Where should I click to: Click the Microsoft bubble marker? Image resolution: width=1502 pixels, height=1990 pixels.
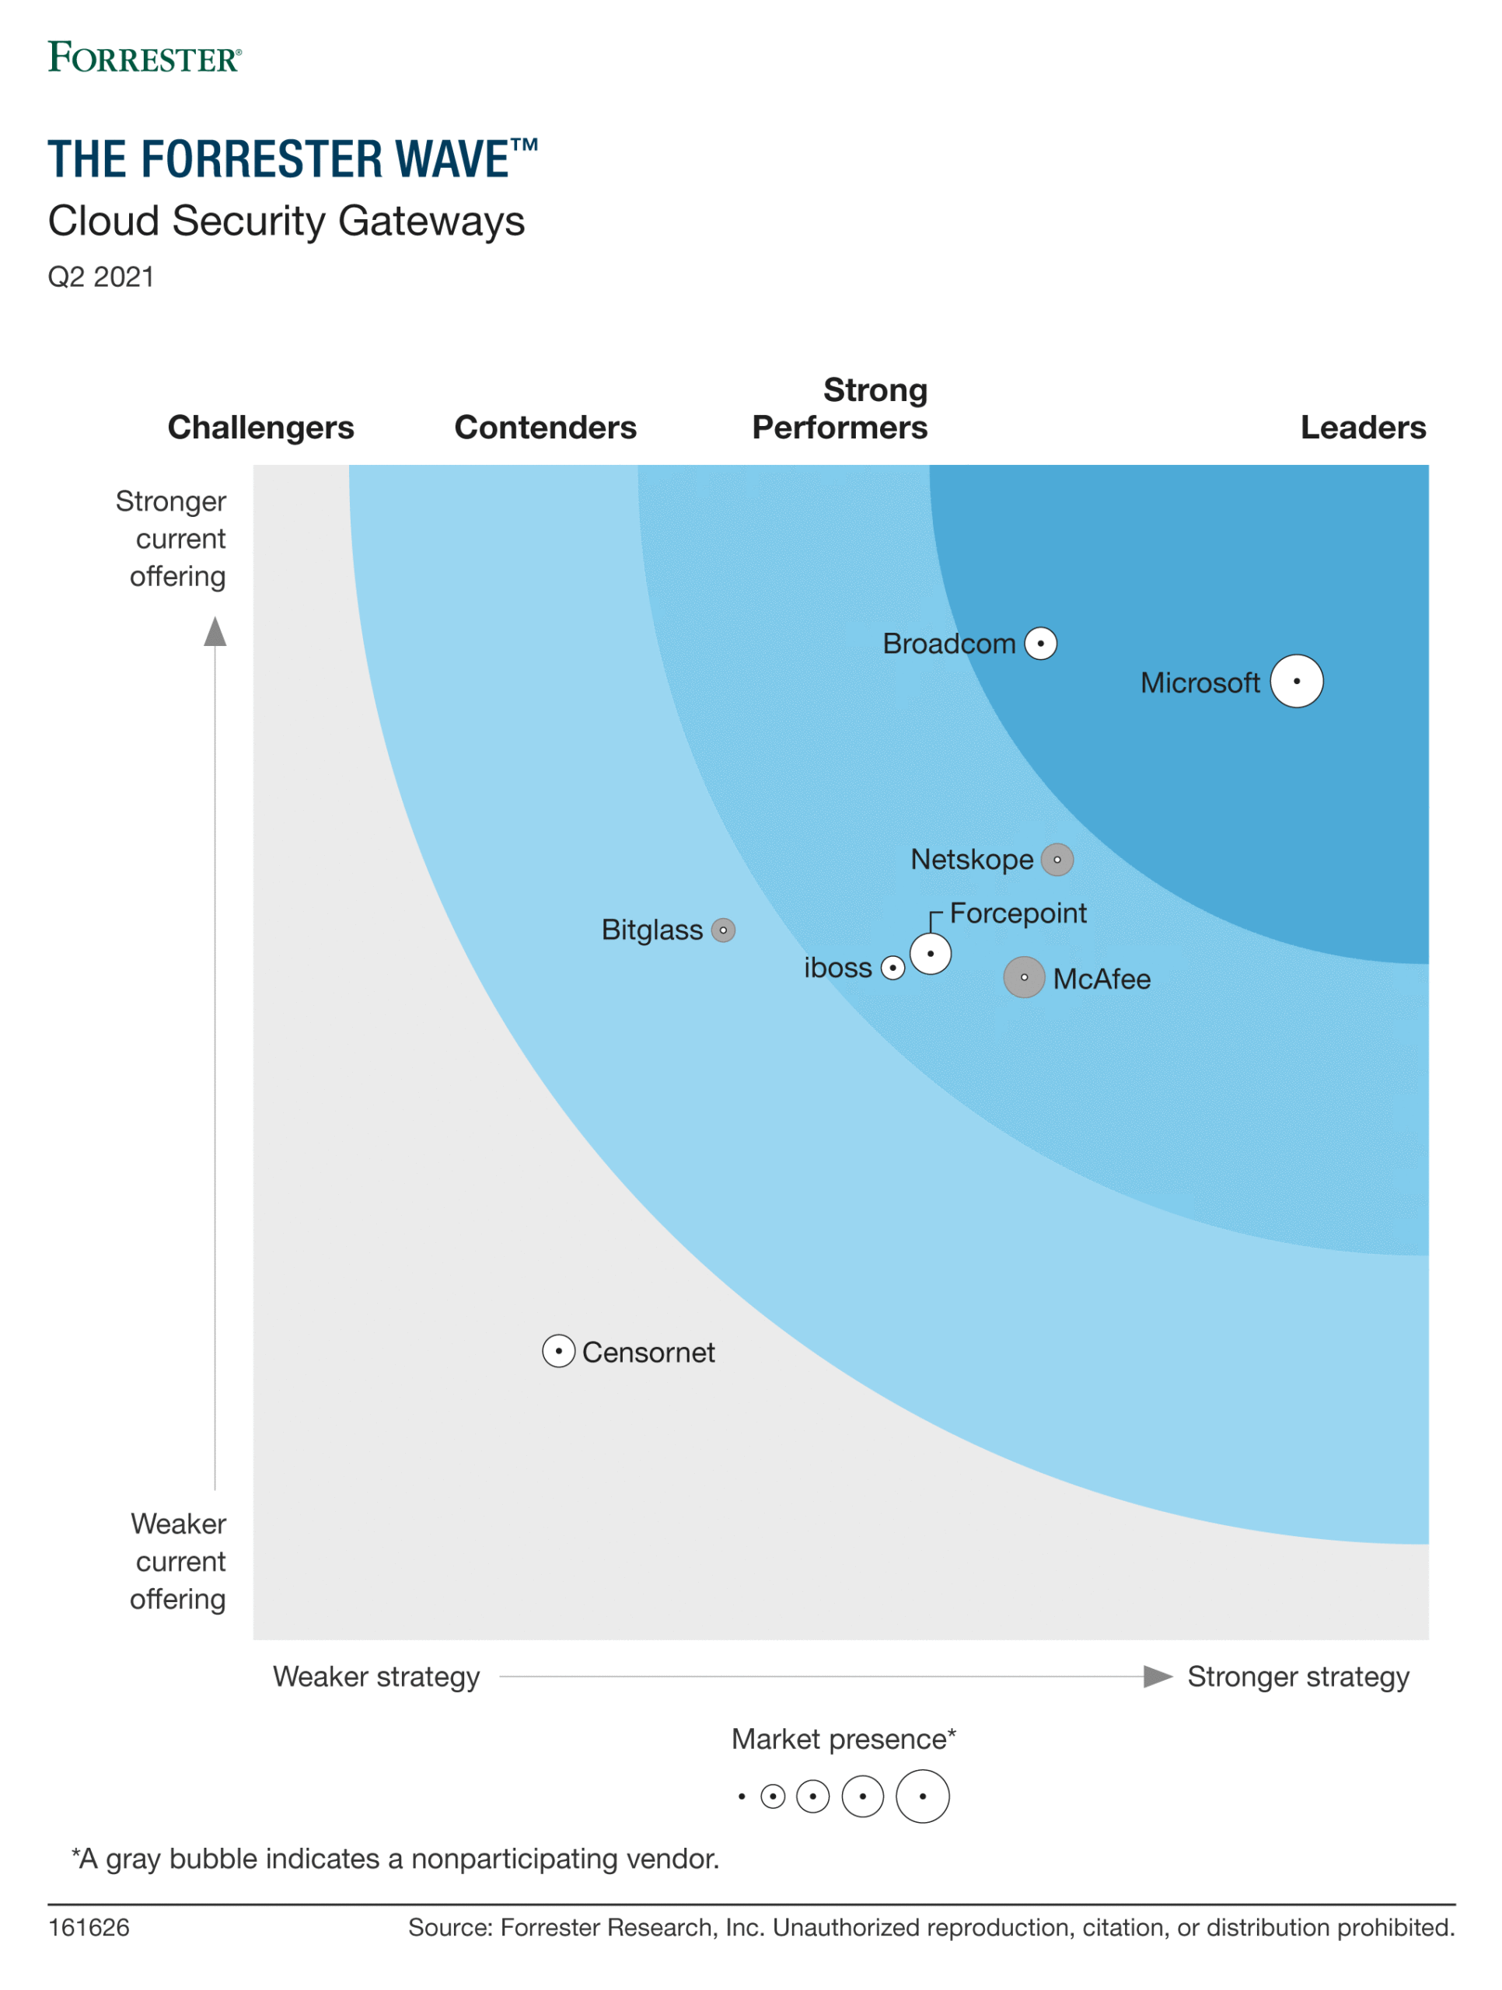point(1296,681)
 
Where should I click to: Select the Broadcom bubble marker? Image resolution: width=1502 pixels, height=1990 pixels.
point(1040,643)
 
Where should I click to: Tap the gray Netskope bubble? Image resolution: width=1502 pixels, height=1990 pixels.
point(1057,859)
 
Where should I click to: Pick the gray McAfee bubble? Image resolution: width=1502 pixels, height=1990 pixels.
point(1023,977)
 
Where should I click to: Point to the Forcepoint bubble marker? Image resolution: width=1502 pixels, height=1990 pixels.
point(930,953)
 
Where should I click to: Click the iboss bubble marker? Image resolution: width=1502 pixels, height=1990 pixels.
point(892,967)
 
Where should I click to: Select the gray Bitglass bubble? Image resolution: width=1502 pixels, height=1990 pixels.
point(723,930)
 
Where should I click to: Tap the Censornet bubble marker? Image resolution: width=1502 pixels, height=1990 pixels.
point(558,1350)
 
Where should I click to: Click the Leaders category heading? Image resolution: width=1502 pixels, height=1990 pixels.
point(1363,428)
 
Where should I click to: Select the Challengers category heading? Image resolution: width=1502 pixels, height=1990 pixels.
point(261,428)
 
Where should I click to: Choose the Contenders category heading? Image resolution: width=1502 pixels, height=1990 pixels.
point(545,428)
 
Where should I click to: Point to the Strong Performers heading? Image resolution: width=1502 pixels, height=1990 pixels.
point(840,410)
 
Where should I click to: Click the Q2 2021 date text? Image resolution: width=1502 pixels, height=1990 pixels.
point(101,277)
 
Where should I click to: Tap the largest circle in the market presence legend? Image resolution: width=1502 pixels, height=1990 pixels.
point(923,1796)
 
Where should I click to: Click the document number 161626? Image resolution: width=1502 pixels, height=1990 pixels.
point(88,1927)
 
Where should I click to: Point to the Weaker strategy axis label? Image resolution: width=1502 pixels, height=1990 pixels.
point(376,1676)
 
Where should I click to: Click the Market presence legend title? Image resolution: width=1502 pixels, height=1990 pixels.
point(844,1738)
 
